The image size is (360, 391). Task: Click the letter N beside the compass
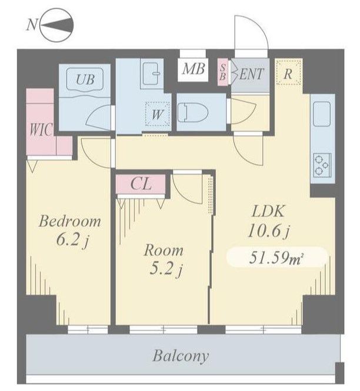(x=32, y=25)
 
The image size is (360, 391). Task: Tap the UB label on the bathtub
(x=85, y=79)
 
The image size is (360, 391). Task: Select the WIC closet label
(x=41, y=129)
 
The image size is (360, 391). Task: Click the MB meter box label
(x=194, y=69)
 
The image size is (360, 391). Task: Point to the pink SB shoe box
(x=222, y=72)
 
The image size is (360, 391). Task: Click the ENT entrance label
(x=252, y=74)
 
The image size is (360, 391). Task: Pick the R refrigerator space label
(x=288, y=74)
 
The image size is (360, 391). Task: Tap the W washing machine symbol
(x=158, y=114)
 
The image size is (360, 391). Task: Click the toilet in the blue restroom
(x=192, y=112)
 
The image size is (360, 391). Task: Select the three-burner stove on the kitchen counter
(x=322, y=165)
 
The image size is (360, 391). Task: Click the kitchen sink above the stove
(x=322, y=113)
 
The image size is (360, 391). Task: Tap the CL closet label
(x=141, y=184)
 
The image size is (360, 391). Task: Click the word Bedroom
(x=70, y=221)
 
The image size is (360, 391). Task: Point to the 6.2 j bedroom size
(x=72, y=240)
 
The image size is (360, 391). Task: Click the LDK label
(x=268, y=212)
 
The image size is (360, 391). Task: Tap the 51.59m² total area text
(x=276, y=258)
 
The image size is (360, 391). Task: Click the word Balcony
(x=181, y=356)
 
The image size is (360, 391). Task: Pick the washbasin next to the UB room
(x=152, y=73)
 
